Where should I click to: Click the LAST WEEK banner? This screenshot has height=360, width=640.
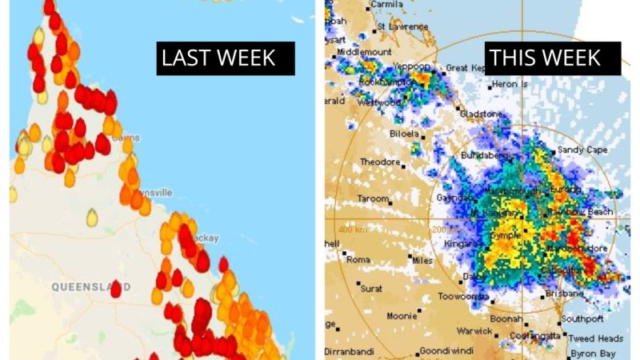coord(218,58)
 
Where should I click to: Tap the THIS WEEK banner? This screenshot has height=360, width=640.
coord(545,58)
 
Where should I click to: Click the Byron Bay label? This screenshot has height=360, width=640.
coord(594,353)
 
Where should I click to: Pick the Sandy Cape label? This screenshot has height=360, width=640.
coord(582,150)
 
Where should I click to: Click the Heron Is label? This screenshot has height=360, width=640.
coord(510,83)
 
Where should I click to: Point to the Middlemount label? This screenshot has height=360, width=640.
coord(363,51)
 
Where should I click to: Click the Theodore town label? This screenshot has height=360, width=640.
coord(380,162)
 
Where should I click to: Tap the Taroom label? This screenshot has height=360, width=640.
coord(373,198)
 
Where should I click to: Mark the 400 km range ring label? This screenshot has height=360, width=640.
coord(351,229)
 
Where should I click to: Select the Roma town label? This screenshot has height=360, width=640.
coord(358,260)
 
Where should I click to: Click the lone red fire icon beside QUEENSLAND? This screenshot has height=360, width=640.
coord(116,290)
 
